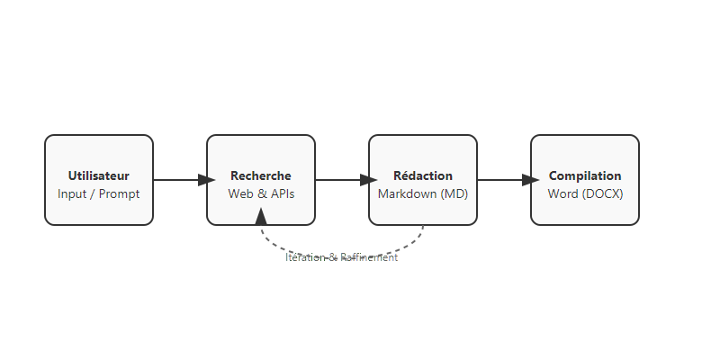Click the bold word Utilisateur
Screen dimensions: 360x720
[x=99, y=175]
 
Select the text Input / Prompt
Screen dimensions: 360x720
[x=99, y=193]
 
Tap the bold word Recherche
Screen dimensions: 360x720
[x=261, y=175]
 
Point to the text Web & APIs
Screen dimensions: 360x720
[x=261, y=193]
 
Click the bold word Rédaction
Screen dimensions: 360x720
[x=423, y=175]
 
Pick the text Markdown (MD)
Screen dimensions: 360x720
[x=423, y=193]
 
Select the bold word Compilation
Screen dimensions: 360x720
[x=585, y=175]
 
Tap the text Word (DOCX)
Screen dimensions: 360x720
[x=585, y=193]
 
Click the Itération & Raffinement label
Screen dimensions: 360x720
[x=342, y=257]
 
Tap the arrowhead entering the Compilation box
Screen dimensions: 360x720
[x=524, y=180]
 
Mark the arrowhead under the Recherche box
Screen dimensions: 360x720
[x=261, y=216]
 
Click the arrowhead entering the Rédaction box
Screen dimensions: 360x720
[x=362, y=180]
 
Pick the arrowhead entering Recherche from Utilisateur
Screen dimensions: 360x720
[x=200, y=180]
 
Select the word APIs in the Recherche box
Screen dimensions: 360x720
[x=279, y=193]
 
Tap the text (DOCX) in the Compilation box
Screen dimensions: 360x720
[x=603, y=193]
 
